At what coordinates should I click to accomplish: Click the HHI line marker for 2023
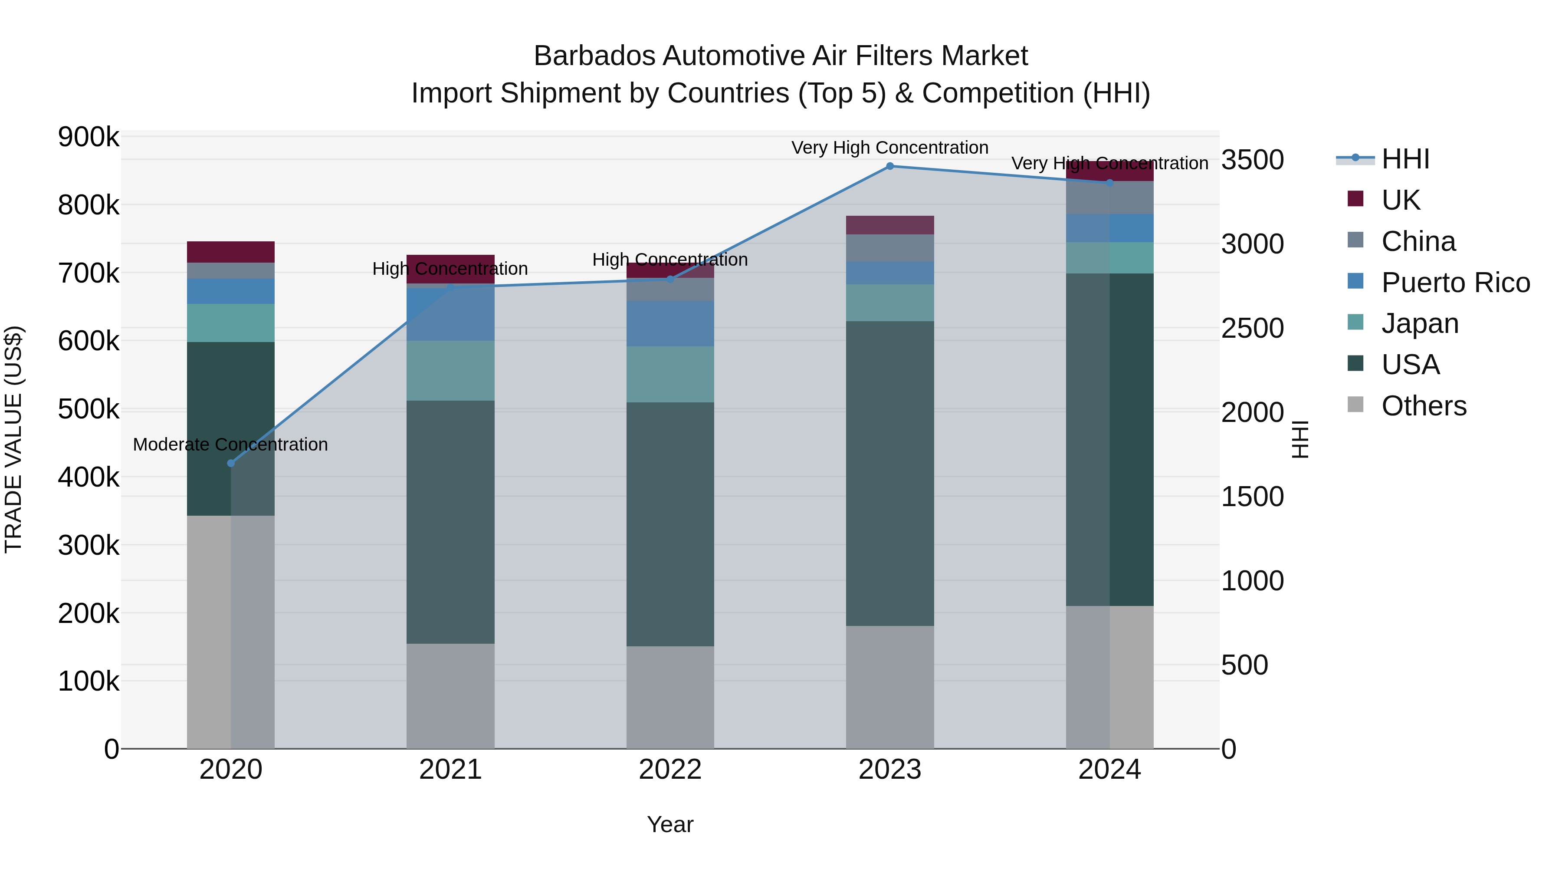coord(889,166)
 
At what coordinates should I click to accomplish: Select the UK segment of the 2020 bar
coord(230,252)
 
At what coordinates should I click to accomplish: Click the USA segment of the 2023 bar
coord(889,473)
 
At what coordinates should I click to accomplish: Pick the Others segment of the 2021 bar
coord(450,696)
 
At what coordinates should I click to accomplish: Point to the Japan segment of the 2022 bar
coord(670,374)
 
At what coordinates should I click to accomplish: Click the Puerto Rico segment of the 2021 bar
coord(450,316)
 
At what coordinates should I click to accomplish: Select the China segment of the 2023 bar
coord(889,247)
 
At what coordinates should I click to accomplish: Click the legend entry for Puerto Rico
coord(1455,283)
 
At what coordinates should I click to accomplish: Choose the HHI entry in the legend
coord(1405,159)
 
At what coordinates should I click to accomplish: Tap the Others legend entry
coord(1423,406)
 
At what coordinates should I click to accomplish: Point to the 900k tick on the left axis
coord(89,137)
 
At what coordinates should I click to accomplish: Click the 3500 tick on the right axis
coord(1252,160)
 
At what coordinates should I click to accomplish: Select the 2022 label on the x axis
coord(670,770)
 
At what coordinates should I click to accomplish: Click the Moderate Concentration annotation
coord(230,444)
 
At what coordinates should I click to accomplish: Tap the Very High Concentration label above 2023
coord(889,148)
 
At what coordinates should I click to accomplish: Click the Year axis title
coord(670,824)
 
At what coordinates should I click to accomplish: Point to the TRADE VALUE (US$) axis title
coord(13,439)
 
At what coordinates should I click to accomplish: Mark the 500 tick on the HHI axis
coord(1244,665)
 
